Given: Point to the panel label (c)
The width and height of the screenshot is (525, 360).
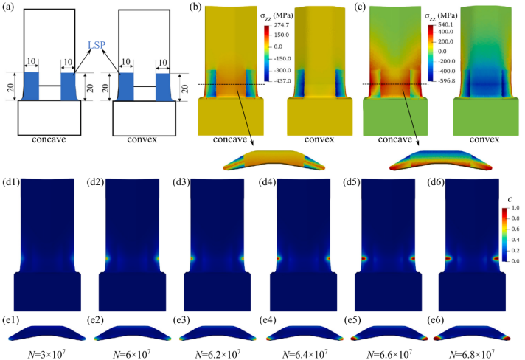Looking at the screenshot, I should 362,7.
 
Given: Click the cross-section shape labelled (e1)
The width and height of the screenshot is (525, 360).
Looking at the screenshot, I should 45,333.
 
